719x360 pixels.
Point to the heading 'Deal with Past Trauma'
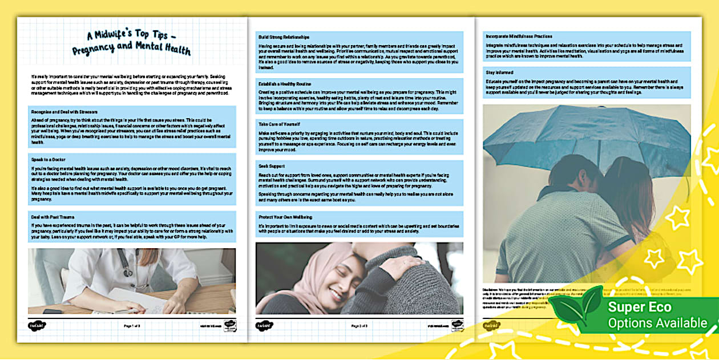point(52,217)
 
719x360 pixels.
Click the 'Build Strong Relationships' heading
point(285,37)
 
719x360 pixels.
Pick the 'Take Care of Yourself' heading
point(279,124)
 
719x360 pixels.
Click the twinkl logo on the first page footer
point(38,326)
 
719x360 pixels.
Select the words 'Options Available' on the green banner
point(657,323)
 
